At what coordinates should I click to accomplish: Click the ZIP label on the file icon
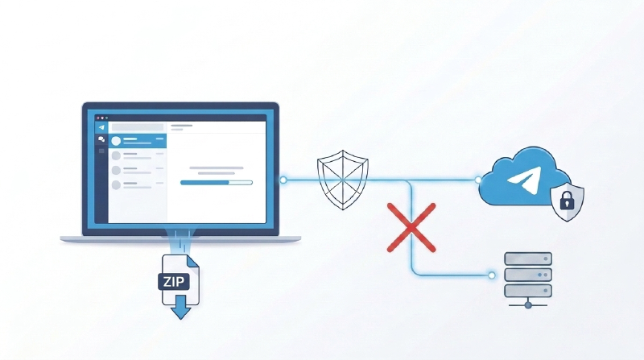click(173, 282)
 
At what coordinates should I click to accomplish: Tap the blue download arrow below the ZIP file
click(180, 308)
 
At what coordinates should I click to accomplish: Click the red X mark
click(411, 227)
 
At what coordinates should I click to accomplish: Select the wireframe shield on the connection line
click(343, 180)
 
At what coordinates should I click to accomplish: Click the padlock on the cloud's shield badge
click(567, 200)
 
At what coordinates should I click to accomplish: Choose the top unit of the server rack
click(528, 259)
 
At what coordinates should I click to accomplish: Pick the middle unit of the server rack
click(528, 275)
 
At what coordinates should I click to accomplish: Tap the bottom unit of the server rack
click(528, 291)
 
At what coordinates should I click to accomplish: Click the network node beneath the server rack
click(528, 305)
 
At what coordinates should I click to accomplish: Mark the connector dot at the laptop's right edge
click(283, 180)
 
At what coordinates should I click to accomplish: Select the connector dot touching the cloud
click(478, 180)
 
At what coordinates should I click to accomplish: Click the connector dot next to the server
click(492, 275)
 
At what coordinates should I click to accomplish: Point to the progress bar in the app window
click(217, 183)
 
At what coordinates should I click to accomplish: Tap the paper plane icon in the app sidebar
click(101, 127)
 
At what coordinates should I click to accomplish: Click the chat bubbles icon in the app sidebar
click(101, 139)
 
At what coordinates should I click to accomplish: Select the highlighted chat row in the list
click(138, 141)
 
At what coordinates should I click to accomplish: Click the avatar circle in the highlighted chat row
click(116, 141)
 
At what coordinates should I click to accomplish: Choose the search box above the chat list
click(138, 127)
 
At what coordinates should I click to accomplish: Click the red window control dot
click(98, 118)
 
